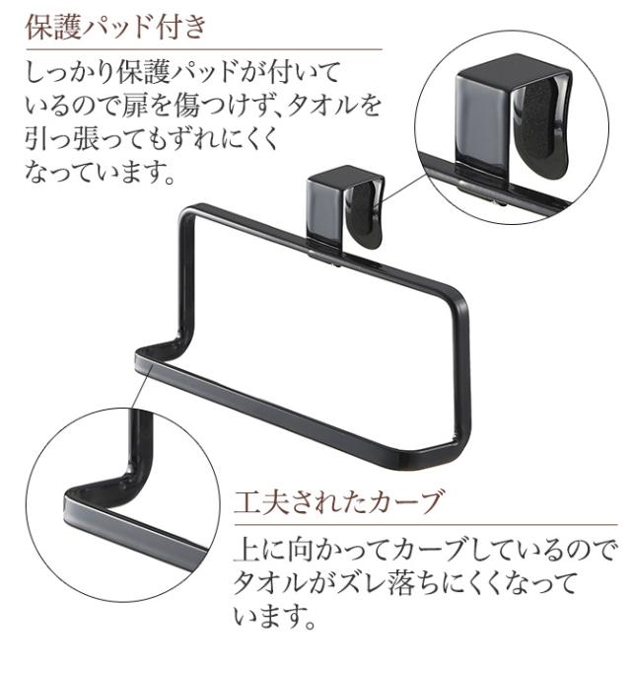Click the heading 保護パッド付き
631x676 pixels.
116,28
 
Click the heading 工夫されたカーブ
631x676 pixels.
338,502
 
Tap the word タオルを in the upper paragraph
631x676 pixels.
334,106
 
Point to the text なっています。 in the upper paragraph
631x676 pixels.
100,171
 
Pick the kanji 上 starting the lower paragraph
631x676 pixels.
246,549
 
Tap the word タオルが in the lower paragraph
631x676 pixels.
283,583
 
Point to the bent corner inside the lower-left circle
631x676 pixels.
130,482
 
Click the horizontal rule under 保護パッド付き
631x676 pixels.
203,49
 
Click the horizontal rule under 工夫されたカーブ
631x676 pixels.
426,525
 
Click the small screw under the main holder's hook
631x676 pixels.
336,263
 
